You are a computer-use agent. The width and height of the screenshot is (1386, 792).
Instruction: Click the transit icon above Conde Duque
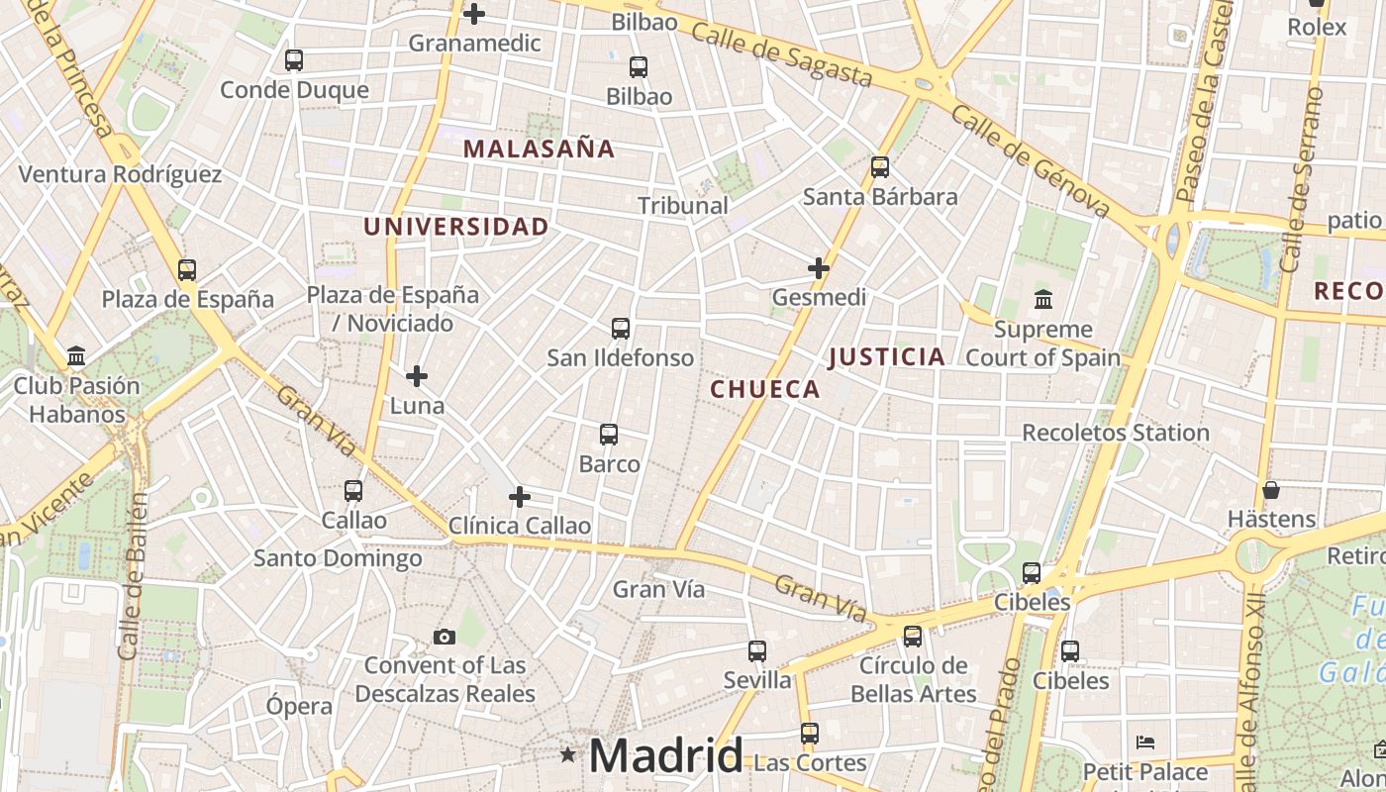pyautogui.click(x=293, y=60)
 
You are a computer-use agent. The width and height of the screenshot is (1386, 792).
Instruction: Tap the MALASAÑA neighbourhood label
pyautogui.click(x=539, y=149)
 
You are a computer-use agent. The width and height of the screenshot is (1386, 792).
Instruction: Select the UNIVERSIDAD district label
pyautogui.click(x=455, y=227)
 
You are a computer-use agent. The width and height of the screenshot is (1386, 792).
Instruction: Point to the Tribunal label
pyautogui.click(x=683, y=206)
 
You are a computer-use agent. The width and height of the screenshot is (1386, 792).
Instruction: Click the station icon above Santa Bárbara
pyautogui.click(x=880, y=167)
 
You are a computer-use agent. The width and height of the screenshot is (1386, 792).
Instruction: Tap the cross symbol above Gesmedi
pyautogui.click(x=819, y=268)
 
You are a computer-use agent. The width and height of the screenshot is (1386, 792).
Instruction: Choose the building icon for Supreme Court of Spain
pyautogui.click(x=1042, y=299)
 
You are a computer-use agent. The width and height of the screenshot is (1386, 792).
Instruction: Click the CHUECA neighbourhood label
pyautogui.click(x=765, y=389)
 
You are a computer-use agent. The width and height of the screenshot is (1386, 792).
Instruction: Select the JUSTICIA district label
pyautogui.click(x=887, y=357)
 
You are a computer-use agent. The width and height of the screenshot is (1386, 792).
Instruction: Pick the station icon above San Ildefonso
pyautogui.click(x=621, y=329)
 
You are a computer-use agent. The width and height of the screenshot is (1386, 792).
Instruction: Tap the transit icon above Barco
pyautogui.click(x=609, y=435)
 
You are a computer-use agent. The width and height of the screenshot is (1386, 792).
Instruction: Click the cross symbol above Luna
pyautogui.click(x=417, y=376)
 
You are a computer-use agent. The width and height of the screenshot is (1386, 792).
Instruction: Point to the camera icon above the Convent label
pyautogui.click(x=445, y=637)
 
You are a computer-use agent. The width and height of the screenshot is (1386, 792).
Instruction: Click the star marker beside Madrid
pyautogui.click(x=567, y=755)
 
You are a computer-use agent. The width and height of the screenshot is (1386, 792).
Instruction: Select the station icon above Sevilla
pyautogui.click(x=757, y=651)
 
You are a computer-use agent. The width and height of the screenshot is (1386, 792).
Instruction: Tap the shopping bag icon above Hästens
pyautogui.click(x=1271, y=490)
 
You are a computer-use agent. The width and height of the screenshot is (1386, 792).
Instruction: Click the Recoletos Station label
pyautogui.click(x=1116, y=433)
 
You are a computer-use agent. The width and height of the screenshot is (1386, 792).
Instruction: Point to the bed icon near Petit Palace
pyautogui.click(x=1145, y=742)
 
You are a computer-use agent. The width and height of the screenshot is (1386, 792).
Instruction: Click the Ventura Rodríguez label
pyautogui.click(x=120, y=175)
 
